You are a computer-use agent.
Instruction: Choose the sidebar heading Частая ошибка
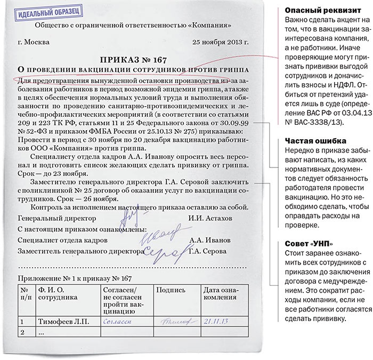point(309,140)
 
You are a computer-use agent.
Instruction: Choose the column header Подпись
point(172,290)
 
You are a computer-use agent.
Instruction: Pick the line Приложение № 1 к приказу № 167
point(74,278)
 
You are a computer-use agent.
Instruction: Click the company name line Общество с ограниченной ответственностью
point(133,25)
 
